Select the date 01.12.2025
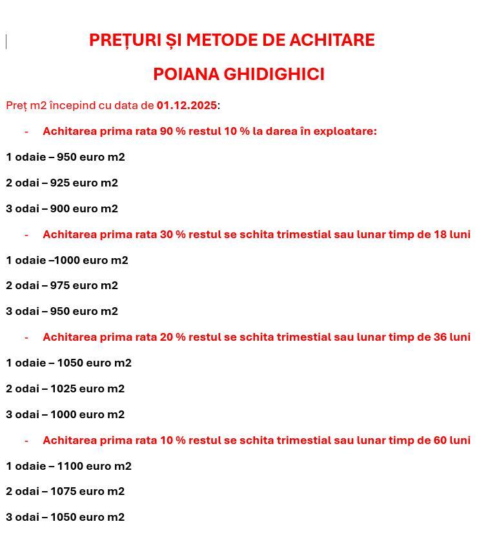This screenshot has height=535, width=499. [187, 105]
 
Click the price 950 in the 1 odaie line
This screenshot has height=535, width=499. [66, 157]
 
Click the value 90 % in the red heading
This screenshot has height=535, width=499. [172, 131]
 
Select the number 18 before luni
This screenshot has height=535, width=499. [440, 234]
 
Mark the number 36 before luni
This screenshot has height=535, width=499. [440, 337]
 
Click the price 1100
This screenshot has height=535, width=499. [70, 466]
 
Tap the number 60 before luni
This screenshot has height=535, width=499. [440, 440]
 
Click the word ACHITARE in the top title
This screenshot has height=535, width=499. [332, 40]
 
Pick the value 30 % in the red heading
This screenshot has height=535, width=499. [172, 234]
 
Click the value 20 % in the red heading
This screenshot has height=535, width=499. [172, 337]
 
